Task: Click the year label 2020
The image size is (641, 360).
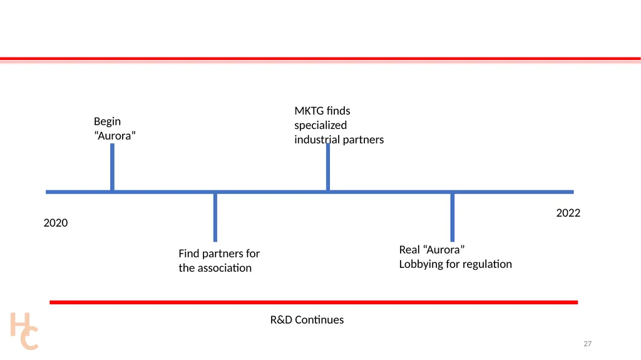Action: [x=56, y=223]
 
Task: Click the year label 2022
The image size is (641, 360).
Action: [x=568, y=213]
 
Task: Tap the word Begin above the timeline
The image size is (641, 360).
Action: [x=107, y=122]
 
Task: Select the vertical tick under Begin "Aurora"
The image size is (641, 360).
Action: [x=113, y=167]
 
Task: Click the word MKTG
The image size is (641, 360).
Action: [x=309, y=111]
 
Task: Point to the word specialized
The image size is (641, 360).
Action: [x=320, y=126]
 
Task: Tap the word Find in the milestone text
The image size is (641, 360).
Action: [x=189, y=254]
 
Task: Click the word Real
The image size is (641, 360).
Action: [x=409, y=250]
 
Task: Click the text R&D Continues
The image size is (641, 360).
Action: [x=307, y=320]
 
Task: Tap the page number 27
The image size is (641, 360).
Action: [x=587, y=344]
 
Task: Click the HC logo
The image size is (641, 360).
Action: [x=24, y=331]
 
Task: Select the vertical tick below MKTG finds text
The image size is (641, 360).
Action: [x=328, y=167]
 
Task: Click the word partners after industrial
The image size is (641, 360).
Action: [x=363, y=140]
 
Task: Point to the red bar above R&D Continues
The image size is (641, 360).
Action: [x=314, y=302]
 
